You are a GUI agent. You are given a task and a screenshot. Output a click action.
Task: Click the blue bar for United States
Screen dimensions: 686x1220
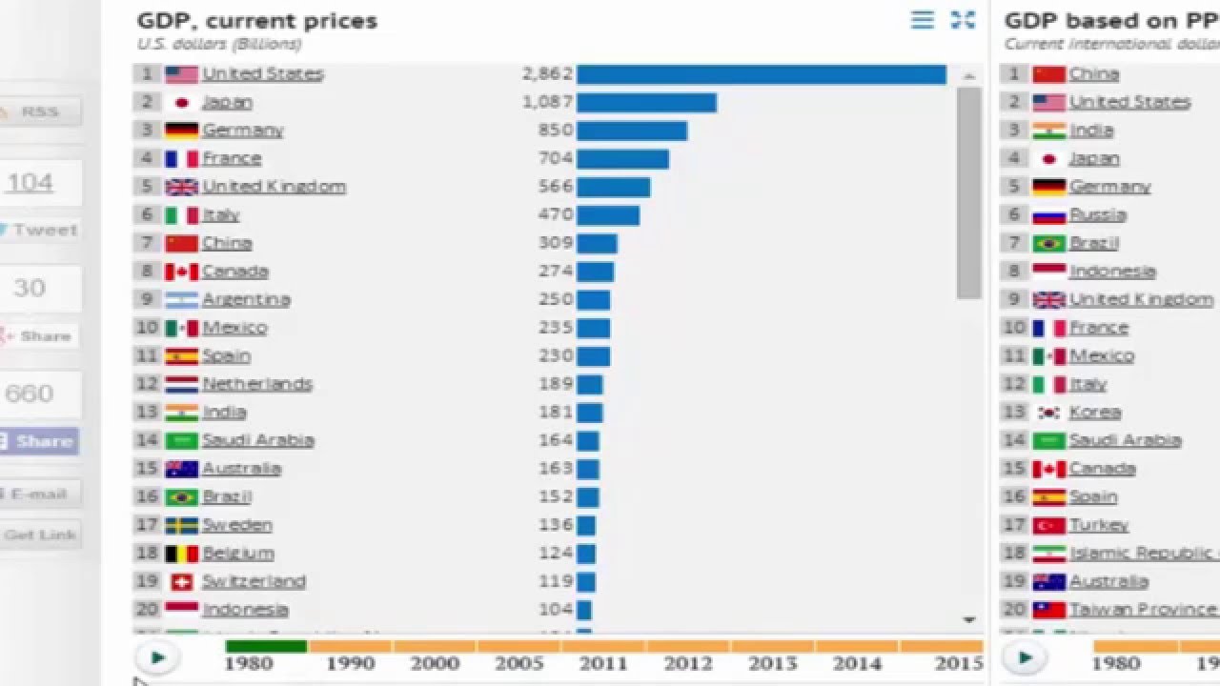pos(761,74)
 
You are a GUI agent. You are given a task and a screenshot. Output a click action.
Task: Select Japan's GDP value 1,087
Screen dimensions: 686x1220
pos(547,102)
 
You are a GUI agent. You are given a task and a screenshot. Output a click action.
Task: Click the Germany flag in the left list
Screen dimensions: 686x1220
pos(181,131)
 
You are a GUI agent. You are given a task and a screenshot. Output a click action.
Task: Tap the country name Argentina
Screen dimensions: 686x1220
pos(246,299)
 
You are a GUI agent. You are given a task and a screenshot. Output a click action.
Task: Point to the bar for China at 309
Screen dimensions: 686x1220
pos(597,243)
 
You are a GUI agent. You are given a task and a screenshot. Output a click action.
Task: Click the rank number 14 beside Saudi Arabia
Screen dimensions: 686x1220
pos(147,440)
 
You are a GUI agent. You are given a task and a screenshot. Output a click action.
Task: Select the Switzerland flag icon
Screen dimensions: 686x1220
pos(181,581)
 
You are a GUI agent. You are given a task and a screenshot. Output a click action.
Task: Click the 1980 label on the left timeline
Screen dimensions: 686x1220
pos(250,662)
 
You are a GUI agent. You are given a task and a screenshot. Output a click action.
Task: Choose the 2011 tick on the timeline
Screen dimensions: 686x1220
pos(604,662)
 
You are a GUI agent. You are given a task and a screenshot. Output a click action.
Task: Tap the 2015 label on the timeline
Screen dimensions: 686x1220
pos(958,662)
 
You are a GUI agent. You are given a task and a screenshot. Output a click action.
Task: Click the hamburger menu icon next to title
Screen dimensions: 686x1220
pos(923,20)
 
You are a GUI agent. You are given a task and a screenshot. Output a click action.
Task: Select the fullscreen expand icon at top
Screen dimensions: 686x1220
pos(964,20)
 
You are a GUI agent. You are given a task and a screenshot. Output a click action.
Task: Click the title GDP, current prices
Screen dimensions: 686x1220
pos(257,21)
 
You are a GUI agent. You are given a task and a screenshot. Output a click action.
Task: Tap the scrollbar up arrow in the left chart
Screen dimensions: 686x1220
pos(969,75)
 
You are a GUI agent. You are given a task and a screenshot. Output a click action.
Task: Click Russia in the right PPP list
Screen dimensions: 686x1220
pos(1098,215)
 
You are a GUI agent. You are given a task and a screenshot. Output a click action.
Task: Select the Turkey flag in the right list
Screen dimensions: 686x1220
pos(1048,525)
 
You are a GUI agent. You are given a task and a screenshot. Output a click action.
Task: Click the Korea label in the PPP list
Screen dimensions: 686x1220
pos(1095,413)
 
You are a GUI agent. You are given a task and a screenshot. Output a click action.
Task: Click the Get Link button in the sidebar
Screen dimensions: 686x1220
pos(40,535)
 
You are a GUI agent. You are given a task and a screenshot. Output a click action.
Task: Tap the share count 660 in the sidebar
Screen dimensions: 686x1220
pos(30,393)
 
